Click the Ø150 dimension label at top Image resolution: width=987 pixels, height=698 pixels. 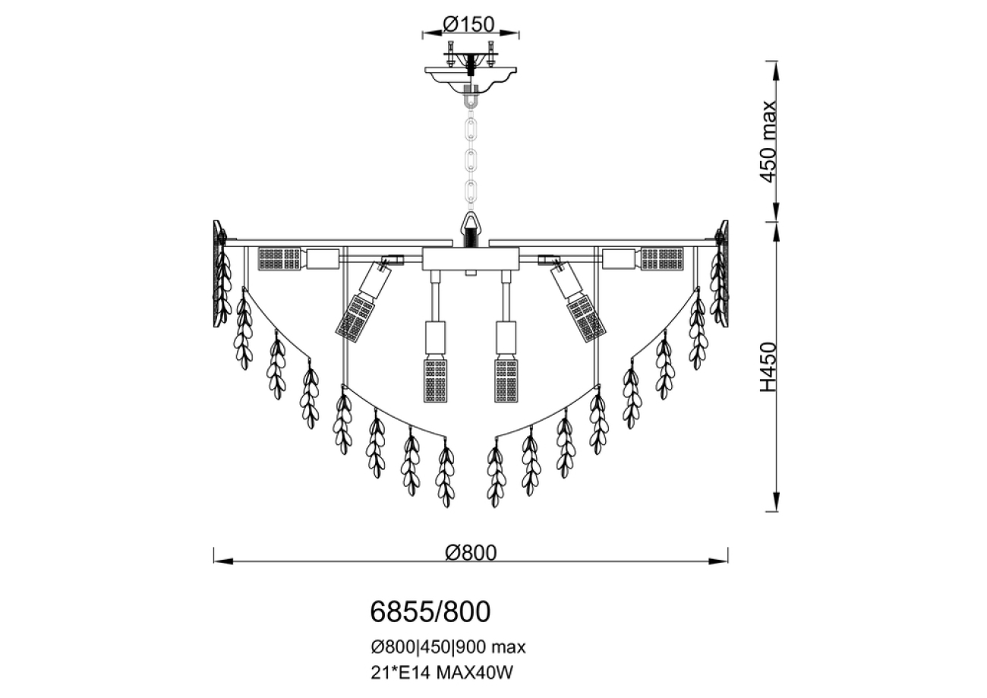click(471, 24)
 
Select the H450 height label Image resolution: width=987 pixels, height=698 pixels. click(768, 367)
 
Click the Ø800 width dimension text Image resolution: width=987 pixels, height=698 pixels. click(471, 552)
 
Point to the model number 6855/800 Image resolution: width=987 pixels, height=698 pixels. click(430, 610)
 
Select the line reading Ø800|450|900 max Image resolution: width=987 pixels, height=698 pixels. click(448, 647)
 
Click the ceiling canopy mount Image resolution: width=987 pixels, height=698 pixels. click(471, 76)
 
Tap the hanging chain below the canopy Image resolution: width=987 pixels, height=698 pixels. click(471, 159)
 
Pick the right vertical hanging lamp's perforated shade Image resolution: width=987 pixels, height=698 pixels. click(506, 380)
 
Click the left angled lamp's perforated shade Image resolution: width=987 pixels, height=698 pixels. click(357, 317)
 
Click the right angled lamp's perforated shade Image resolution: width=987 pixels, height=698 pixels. click(586, 317)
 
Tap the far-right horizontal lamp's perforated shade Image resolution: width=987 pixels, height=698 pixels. click(662, 258)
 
